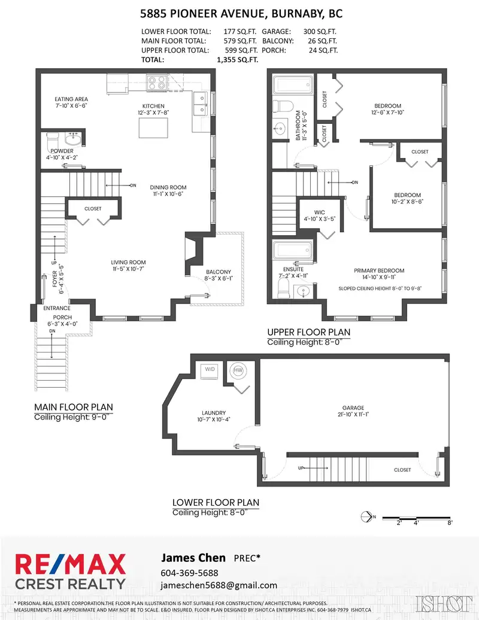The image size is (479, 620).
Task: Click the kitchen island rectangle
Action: (153, 127)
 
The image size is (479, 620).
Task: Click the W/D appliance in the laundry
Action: (210, 370)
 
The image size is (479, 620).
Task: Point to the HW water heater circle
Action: (238, 370)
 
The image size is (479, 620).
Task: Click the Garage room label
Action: (353, 408)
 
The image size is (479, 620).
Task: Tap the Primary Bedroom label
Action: (379, 271)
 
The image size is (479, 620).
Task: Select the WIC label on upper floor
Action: (320, 212)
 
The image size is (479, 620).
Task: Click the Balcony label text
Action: (219, 272)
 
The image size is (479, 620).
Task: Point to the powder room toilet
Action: (53, 140)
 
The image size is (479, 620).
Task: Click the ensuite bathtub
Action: (293, 251)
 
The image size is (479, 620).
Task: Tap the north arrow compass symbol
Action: (366, 517)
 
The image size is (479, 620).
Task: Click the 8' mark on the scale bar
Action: (450, 522)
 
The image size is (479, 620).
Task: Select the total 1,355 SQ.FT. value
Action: (237, 60)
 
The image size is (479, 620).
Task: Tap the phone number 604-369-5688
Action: (189, 573)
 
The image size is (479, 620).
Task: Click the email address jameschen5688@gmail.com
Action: (219, 586)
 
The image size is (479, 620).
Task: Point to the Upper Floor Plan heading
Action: (308, 332)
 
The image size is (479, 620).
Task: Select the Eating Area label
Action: (71, 99)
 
